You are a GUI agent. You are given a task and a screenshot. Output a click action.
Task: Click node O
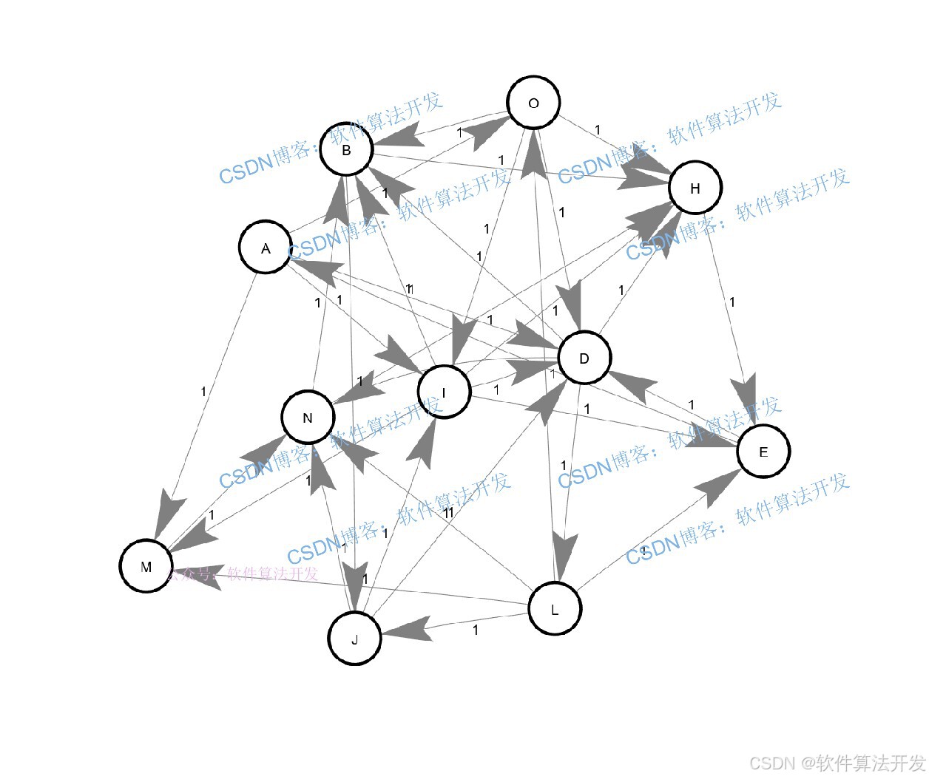(533, 103)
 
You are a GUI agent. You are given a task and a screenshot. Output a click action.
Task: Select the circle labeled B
(346, 149)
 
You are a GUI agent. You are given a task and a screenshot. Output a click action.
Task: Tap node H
(695, 188)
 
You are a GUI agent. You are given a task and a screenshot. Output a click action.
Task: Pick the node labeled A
(266, 248)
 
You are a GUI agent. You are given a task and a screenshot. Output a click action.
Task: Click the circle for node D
(584, 358)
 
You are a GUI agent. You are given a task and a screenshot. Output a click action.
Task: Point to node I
(444, 392)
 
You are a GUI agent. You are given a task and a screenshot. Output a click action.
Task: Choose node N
(308, 418)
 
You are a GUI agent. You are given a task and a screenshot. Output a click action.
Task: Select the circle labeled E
(763, 451)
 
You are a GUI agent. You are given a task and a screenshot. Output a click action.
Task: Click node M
(146, 566)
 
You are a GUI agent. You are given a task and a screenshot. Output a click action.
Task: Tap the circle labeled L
(555, 609)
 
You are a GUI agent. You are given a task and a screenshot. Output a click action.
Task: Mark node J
(354, 639)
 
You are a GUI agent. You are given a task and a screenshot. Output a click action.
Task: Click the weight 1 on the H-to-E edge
(732, 302)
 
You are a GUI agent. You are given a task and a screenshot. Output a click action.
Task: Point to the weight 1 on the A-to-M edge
(203, 392)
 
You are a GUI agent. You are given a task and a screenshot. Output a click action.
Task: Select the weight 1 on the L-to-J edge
(476, 630)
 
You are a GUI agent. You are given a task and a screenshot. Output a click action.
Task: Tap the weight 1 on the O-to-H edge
(598, 130)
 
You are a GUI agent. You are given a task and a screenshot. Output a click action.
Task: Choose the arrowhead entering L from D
(564, 554)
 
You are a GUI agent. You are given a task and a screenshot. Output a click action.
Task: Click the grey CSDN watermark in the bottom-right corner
(837, 763)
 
